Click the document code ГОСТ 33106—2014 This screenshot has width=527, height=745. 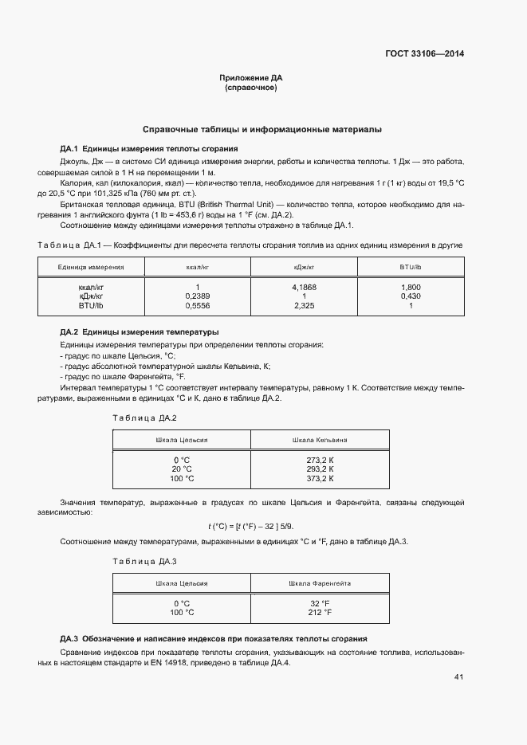pos(426,54)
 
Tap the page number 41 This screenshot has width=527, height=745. pos(458,677)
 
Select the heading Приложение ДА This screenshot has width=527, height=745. pos(251,78)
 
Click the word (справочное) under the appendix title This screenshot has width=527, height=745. pos(251,88)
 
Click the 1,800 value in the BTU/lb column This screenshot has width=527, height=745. pos(411,287)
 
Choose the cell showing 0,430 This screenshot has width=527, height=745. pos(411,296)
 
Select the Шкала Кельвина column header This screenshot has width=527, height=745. pos(320,440)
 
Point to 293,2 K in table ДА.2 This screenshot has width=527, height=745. pos(320,469)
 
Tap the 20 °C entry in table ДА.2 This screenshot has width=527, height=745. pos(182,469)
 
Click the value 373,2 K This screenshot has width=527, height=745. pos(320,478)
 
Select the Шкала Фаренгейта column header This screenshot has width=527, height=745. pos(320,583)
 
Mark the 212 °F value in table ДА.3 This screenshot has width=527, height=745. pos(320,613)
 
